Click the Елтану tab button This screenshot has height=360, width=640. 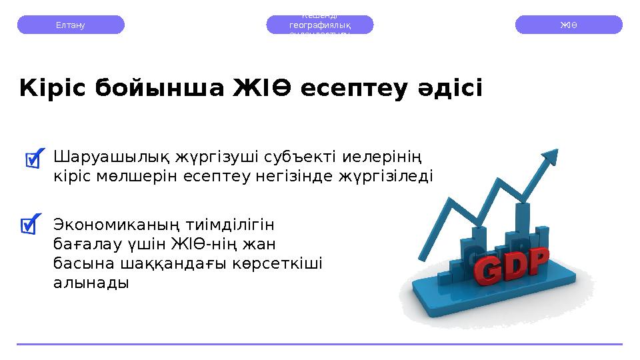pyautogui.click(x=70, y=25)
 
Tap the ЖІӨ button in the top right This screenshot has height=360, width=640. pyautogui.click(x=569, y=25)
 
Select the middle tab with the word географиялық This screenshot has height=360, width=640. pyautogui.click(x=320, y=25)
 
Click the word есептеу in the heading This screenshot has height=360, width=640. pyautogui.click(x=351, y=89)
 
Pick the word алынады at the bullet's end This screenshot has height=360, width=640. pyautogui.click(x=90, y=282)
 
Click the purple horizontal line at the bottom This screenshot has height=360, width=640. pyautogui.click(x=320, y=344)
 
